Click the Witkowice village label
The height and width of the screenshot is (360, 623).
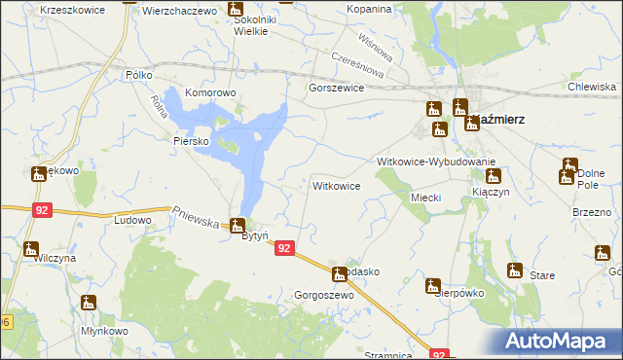coord(337,185)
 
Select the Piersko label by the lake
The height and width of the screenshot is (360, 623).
coord(192,141)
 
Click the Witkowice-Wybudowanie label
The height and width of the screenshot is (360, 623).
coord(437,162)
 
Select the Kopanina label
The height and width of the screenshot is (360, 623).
coord(368,9)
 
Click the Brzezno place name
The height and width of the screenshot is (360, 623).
coord(591,212)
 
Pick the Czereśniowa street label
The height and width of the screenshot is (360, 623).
coord(359,65)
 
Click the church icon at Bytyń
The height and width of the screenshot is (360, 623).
coord(237,225)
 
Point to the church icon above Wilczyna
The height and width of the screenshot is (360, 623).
coord(31,248)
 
